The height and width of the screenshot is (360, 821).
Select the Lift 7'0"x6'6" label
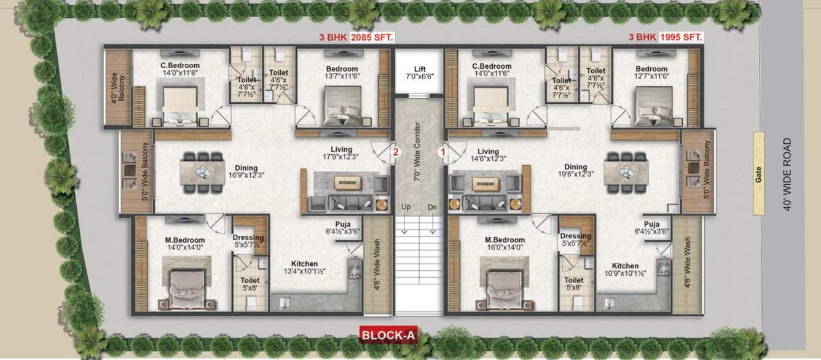coord(420,73)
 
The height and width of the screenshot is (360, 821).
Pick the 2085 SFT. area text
coord(372,37)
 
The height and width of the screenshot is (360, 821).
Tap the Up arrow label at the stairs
coord(406,207)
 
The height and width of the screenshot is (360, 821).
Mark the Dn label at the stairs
coord(432,207)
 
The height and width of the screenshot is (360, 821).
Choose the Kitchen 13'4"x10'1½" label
coord(305,267)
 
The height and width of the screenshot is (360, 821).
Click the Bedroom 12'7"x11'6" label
coord(651,72)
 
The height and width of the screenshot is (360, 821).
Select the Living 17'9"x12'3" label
coord(340,154)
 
